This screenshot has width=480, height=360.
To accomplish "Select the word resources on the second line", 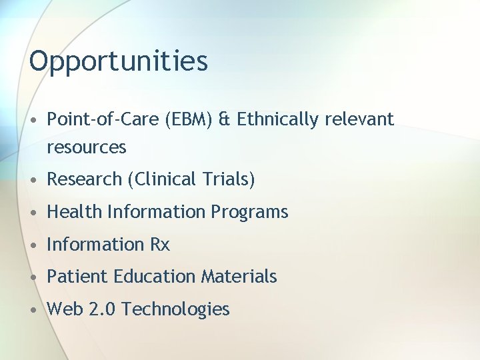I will click(x=86, y=147).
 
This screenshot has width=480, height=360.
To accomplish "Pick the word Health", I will click(x=75, y=212).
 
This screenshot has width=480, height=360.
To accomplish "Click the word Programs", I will click(x=249, y=212).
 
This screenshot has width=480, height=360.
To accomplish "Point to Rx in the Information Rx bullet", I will click(x=160, y=245).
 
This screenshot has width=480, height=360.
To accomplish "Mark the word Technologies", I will click(x=176, y=309).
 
